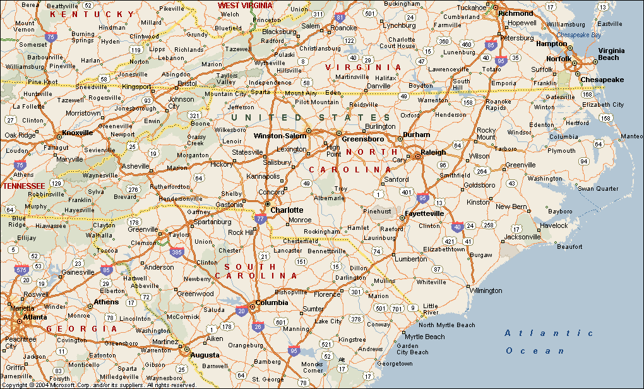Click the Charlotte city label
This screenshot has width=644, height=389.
pyautogui.click(x=287, y=210)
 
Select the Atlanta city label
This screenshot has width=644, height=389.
pyautogui.click(x=35, y=317)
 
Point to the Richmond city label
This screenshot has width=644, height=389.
pyautogui.click(x=515, y=13)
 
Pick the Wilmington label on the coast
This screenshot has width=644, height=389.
pyautogui.click(x=486, y=290)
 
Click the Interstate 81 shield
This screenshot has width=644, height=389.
pyautogui.click(x=340, y=18)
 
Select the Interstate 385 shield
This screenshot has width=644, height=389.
pyautogui.click(x=176, y=253)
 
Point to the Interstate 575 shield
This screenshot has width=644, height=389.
pyautogui.click(x=23, y=270)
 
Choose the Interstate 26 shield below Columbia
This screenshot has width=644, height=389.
pyautogui.click(x=258, y=326)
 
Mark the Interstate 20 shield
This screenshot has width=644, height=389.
pyautogui.click(x=241, y=310)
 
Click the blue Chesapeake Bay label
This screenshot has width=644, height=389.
pyautogui.click(x=579, y=35)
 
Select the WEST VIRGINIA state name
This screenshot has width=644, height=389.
pyautogui.click(x=245, y=5)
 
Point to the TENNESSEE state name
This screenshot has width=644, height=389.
pyautogui.click(x=23, y=186)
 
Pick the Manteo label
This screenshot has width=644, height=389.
pyautogui.click(x=632, y=136)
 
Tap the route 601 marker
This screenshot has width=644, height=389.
pyautogui.click(x=281, y=323)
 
